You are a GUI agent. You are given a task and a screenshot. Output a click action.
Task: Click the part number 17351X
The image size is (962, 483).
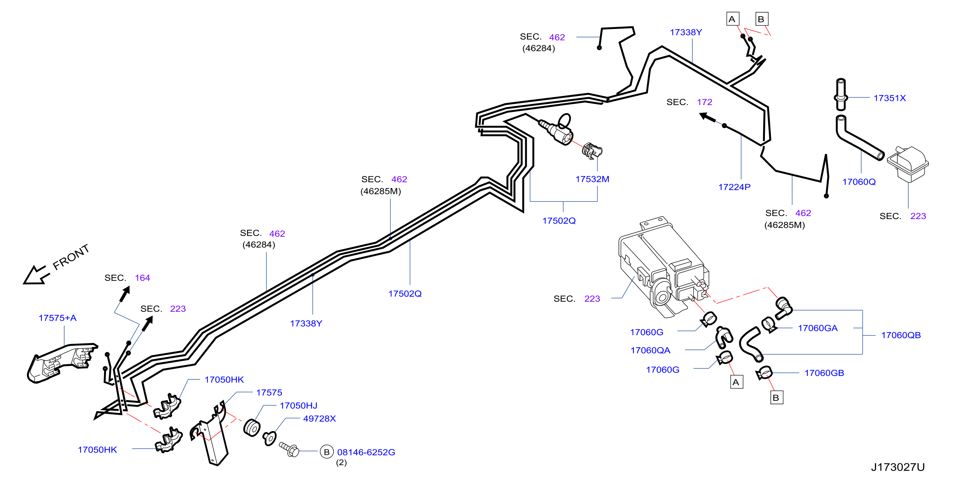pyautogui.click(x=889, y=98)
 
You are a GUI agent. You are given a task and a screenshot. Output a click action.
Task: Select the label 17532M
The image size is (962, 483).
pyautogui.click(x=592, y=179)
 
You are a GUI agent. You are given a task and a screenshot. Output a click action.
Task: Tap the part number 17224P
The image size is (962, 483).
pyautogui.click(x=734, y=187)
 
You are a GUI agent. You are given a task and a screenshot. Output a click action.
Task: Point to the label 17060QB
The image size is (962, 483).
pyautogui.click(x=901, y=335)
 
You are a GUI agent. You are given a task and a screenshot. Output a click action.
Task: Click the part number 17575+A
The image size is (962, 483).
pyautogui.click(x=58, y=318)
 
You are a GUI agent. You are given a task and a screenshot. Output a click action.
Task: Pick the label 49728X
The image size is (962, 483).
pyautogui.click(x=319, y=418)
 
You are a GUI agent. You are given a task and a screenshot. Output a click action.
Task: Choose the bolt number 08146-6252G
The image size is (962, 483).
pyautogui.click(x=366, y=452)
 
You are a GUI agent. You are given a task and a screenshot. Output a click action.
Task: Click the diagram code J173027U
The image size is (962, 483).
pyautogui.click(x=898, y=467)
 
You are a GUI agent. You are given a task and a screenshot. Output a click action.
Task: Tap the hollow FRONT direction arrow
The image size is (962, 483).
pyautogui.click(x=36, y=275)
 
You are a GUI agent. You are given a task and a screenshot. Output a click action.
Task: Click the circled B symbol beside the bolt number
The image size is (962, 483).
pyautogui.click(x=327, y=452)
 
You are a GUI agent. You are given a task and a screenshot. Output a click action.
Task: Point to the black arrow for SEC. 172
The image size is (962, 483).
pyautogui.click(x=708, y=118)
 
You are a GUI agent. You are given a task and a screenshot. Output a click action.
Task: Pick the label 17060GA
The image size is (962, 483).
pyautogui.click(x=818, y=328)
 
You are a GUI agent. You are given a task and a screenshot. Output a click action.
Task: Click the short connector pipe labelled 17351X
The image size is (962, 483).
pyautogui.click(x=841, y=95)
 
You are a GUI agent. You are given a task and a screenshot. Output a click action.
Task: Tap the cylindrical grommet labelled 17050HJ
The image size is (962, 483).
pyautogui.click(x=252, y=428)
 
